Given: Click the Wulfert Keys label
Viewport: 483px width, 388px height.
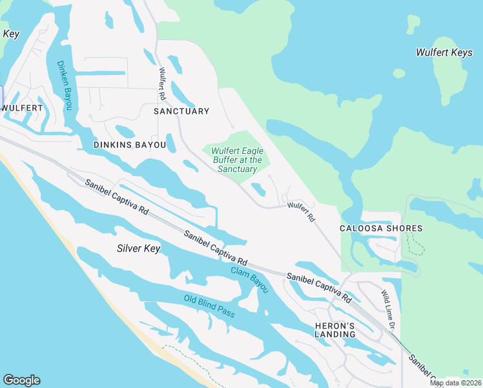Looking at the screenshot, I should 444,53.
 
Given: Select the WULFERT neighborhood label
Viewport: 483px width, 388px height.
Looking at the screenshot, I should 23,108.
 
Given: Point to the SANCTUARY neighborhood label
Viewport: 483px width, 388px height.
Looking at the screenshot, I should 181,111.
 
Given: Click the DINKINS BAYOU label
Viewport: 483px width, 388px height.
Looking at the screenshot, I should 129,145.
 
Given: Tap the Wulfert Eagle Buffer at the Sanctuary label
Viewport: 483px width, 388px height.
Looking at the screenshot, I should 237,160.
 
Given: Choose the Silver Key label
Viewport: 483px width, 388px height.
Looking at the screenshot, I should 138,248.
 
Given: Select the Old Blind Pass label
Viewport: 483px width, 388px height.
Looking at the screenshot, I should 209,306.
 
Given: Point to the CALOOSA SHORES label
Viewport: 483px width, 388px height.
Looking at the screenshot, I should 381,228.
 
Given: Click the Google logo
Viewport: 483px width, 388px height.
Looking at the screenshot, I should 21,380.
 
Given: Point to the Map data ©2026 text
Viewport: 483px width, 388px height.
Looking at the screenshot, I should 455,383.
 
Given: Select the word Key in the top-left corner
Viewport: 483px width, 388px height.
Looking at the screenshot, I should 10,34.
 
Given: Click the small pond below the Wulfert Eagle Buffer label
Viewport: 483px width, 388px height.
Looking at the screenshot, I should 258,189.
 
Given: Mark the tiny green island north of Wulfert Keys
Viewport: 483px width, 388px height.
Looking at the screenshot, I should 413,24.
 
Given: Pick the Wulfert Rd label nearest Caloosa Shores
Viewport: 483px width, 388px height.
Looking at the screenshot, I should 301,213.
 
